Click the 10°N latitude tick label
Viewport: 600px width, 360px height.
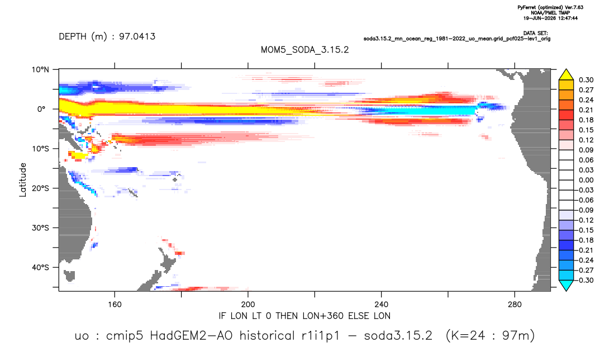click(x=40, y=70)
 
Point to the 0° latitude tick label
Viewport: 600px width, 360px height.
click(x=41, y=109)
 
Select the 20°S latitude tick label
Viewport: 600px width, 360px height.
click(x=40, y=188)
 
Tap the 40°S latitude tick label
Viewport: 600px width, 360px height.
click(x=40, y=267)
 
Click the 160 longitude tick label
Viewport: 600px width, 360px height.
click(x=115, y=305)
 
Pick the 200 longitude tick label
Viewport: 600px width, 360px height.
click(x=248, y=305)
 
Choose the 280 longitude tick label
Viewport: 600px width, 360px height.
click(x=515, y=305)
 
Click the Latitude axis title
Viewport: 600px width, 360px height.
click(x=23, y=180)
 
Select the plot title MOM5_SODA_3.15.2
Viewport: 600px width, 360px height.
click(x=304, y=50)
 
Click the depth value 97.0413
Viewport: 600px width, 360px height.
click(x=137, y=36)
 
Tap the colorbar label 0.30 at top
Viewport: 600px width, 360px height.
click(x=586, y=80)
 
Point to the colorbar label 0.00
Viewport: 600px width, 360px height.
click(x=586, y=180)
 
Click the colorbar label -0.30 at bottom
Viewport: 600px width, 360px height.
click(x=584, y=280)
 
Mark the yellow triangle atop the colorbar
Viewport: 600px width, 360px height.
click(x=566, y=75)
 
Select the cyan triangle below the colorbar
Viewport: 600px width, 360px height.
click(x=566, y=285)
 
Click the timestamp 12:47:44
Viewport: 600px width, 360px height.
click(x=567, y=18)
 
